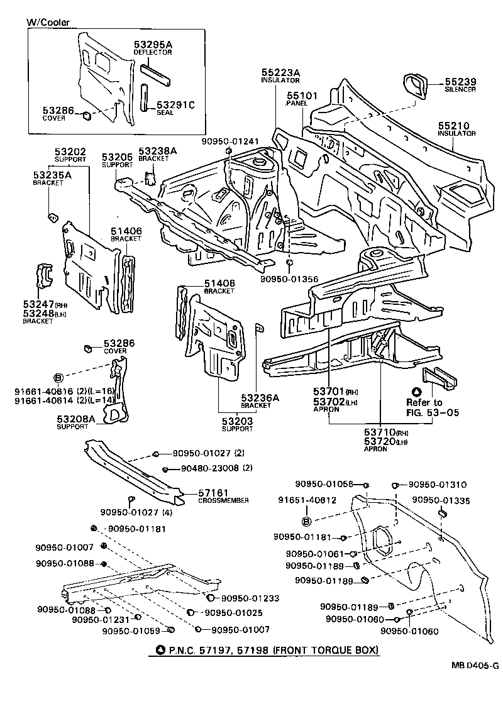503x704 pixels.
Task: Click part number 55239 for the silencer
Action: click(461, 82)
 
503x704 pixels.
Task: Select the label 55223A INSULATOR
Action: click(280, 74)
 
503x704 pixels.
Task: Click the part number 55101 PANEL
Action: click(302, 96)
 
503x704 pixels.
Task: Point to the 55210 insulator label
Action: click(456, 126)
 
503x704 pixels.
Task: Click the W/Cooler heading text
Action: click(48, 23)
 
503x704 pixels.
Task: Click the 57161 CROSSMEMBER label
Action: click(213, 493)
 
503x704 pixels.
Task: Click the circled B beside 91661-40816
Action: click(58, 377)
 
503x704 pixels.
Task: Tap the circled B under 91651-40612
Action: click(306, 521)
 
